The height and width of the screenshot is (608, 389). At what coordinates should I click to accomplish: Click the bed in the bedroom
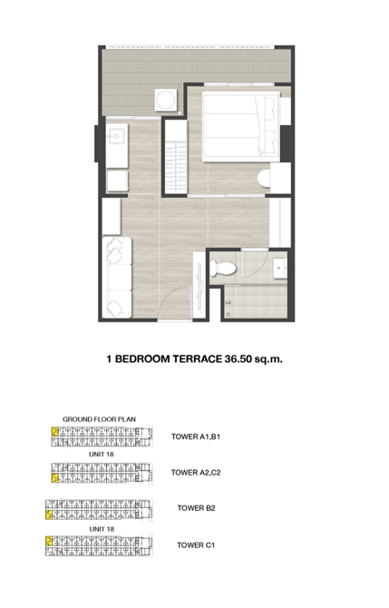pyautogui.click(x=240, y=127)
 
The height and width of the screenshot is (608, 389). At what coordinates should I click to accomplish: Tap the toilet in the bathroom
pyautogui.click(x=223, y=269)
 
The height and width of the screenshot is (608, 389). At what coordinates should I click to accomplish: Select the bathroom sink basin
pyautogui.click(x=279, y=269)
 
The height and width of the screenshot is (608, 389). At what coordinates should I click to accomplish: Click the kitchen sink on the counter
pyautogui.click(x=116, y=136)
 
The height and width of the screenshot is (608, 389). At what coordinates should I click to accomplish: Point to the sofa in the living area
pyautogui.click(x=117, y=277)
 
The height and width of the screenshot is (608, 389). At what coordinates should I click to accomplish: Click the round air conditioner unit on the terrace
pyautogui.click(x=166, y=100)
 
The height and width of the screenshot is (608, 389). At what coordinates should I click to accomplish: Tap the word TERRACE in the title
pyautogui.click(x=197, y=358)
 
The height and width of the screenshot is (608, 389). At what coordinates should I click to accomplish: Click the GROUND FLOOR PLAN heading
pyautogui.click(x=99, y=419)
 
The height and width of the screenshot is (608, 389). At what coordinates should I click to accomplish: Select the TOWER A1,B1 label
pyautogui.click(x=196, y=436)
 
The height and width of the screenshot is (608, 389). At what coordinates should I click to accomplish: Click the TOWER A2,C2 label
pyautogui.click(x=196, y=472)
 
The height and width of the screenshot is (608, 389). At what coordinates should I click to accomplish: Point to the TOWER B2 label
pyautogui.click(x=196, y=508)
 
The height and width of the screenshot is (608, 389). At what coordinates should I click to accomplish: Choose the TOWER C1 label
pyautogui.click(x=196, y=544)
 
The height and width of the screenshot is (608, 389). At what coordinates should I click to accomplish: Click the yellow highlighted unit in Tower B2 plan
pyautogui.click(x=49, y=515)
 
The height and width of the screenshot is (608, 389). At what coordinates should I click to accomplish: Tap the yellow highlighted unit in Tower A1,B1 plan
pyautogui.click(x=54, y=432)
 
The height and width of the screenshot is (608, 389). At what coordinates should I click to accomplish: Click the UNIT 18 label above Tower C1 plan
pyautogui.click(x=102, y=529)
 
